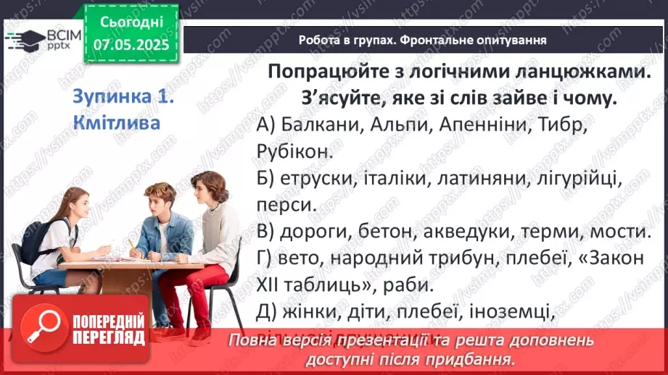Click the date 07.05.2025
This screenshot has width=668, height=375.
(x=131, y=45)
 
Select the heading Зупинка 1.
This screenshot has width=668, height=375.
(x=124, y=97)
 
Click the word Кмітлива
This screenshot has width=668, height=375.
(x=117, y=122)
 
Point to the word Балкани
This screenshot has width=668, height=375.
(x=323, y=125)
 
